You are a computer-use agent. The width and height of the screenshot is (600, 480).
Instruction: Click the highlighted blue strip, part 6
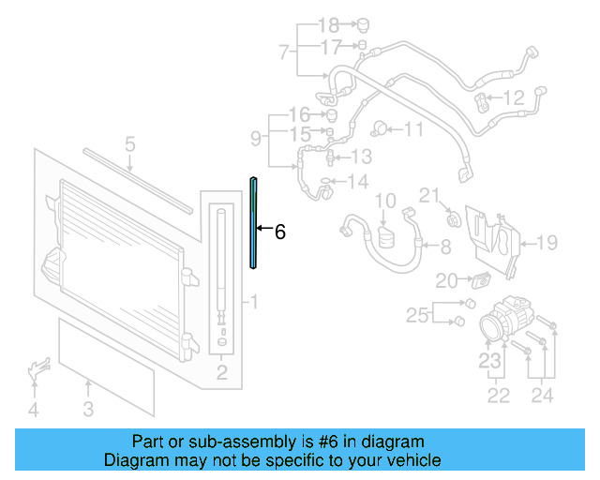point(253,222)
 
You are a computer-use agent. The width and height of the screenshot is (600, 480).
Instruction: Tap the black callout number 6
point(280,232)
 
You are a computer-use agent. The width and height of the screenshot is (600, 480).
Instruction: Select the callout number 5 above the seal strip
point(130,144)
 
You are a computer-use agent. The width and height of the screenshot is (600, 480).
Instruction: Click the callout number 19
point(547,243)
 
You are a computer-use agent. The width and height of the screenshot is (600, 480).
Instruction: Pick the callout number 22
point(498,396)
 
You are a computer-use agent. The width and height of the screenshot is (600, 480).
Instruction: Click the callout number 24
point(542,396)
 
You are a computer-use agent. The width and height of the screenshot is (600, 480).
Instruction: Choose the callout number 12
point(514,97)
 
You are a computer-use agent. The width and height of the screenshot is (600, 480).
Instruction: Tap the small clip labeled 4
point(38,367)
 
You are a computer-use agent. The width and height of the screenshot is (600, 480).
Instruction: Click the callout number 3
point(88,409)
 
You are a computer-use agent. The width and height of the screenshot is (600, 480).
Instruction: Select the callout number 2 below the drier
point(222,372)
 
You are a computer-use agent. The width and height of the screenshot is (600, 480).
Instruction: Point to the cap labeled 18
point(363,25)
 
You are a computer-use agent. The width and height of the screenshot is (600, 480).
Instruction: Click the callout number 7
point(283,52)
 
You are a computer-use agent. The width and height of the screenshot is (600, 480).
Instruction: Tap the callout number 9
point(256,138)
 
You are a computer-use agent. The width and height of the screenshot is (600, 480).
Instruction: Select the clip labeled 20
point(481,280)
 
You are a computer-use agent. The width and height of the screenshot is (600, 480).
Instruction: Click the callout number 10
point(385,201)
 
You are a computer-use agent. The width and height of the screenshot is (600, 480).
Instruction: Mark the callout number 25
point(417,315)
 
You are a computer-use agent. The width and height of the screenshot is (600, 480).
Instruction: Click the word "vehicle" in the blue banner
point(419,459)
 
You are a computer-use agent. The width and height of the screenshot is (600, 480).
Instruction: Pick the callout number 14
point(358,182)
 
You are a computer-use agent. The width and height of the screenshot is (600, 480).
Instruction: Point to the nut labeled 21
point(454,220)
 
